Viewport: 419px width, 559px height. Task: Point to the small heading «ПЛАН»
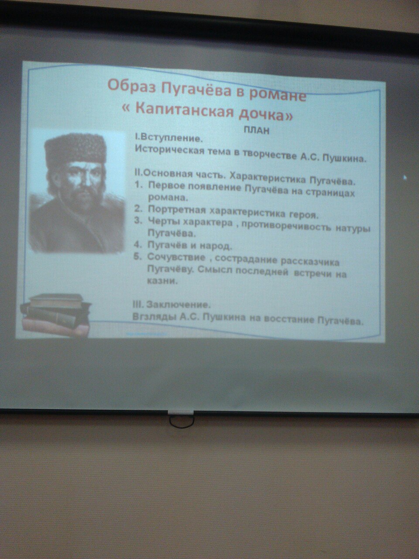(x=257, y=131)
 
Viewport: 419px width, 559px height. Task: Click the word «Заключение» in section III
(x=179, y=304)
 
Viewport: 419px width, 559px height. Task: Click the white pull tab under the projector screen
(x=181, y=413)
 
